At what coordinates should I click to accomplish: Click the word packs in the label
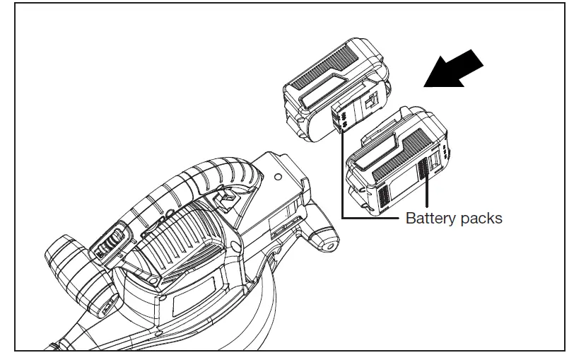[x=480, y=218]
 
